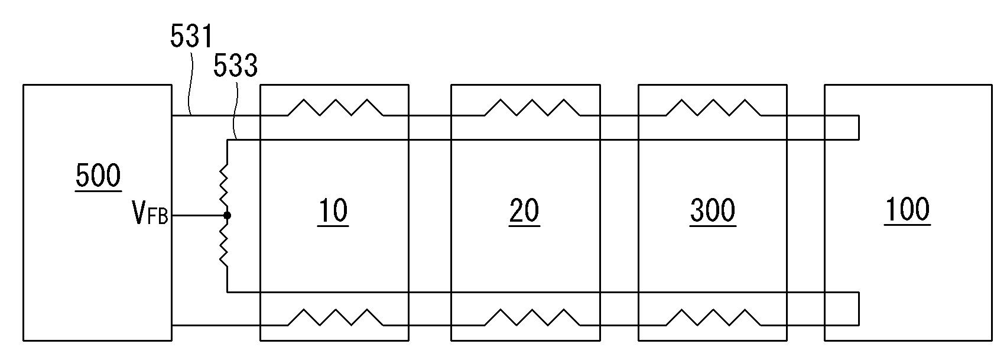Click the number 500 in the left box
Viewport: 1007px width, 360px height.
click(98, 176)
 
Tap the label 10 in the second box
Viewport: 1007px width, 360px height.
click(333, 211)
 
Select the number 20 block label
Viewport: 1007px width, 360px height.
click(524, 211)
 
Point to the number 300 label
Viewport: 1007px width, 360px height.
click(713, 211)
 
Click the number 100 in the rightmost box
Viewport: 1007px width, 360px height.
click(908, 210)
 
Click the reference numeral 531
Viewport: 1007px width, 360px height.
click(191, 37)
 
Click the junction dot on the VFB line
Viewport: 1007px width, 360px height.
click(227, 215)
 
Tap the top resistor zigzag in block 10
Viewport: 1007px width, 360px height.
click(335, 108)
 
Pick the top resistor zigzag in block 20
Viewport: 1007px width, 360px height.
click(532, 108)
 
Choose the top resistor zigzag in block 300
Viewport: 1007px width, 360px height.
click(713, 108)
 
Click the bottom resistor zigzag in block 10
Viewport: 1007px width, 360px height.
click(335, 317)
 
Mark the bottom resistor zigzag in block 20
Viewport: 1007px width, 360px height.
click(532, 317)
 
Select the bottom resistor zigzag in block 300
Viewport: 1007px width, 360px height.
click(713, 317)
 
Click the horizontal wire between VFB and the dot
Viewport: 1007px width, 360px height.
click(198, 215)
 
